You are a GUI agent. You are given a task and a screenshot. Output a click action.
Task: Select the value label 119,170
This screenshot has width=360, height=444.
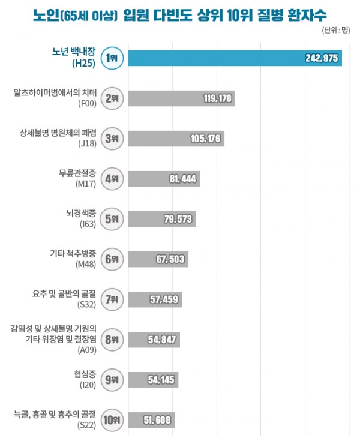217,98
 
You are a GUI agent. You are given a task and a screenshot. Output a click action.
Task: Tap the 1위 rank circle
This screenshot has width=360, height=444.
112,58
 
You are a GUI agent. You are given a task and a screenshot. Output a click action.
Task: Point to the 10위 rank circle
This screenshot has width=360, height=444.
112,420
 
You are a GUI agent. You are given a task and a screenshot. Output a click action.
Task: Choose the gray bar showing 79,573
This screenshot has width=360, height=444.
162,218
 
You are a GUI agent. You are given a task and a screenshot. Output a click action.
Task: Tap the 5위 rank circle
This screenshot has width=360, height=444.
112,218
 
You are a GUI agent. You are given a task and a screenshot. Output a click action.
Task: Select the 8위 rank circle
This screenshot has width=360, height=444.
112,340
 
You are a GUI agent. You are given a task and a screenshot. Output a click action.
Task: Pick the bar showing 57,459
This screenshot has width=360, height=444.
155,299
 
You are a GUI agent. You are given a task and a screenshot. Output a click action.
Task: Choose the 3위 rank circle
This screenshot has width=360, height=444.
112,138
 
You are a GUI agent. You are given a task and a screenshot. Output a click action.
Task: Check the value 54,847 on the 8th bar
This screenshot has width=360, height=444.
161,340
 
